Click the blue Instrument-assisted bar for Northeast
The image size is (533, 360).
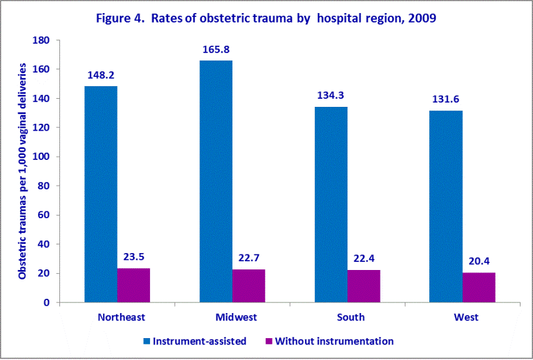pos(101,194)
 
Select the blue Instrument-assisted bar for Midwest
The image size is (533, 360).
pos(216,181)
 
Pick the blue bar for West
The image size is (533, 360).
pos(446,206)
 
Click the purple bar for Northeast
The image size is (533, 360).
pos(133,285)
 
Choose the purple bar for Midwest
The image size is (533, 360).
pos(248,286)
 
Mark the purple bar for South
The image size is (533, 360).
pos(364,286)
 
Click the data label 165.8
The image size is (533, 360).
pos(216,49)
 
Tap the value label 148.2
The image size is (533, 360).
pos(101,75)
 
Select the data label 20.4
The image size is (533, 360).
pos(479,261)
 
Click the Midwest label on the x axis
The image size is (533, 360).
pos(236,317)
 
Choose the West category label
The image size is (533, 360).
pos(466,317)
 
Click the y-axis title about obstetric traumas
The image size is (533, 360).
pos(23,171)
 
